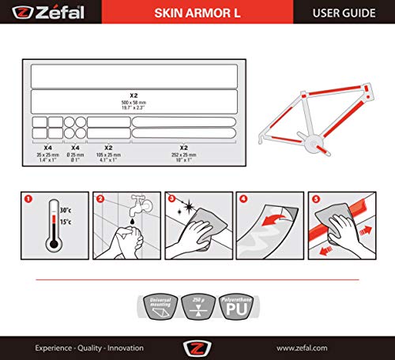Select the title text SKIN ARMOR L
coord(196,13)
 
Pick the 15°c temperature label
coord(64,222)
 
